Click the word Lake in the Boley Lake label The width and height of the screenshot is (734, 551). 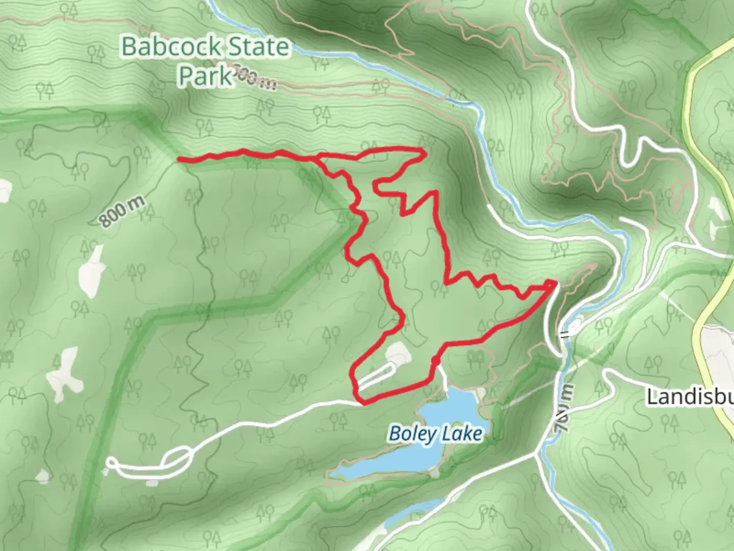coord(462,434)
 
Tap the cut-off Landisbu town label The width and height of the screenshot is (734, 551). coord(690,396)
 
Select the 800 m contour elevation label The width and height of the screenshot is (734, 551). coord(122,210)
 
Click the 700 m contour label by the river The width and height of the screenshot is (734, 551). coord(564,408)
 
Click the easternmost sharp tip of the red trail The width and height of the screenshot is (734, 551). coord(554,282)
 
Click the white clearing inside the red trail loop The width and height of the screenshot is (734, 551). coord(397,353)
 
